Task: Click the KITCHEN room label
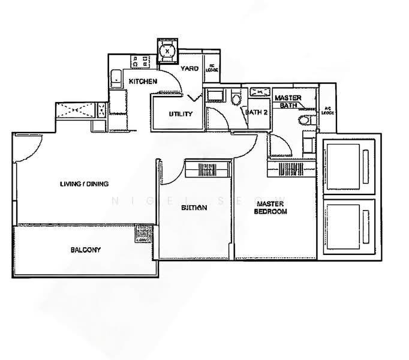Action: (142, 81)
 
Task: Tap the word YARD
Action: (190, 68)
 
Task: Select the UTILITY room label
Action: (180, 114)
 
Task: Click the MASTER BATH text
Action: (287, 101)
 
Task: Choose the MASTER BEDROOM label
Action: (270, 208)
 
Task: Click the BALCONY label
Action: (85, 250)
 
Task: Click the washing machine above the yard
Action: (167, 51)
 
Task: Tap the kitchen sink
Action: (115, 77)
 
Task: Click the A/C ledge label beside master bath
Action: (327, 110)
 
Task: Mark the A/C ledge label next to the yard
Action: (212, 69)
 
